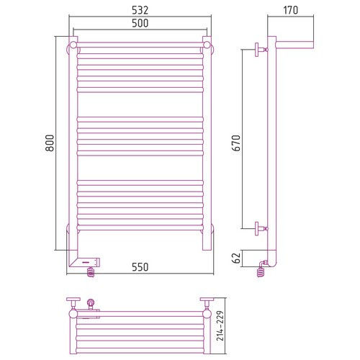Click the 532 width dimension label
(140, 10)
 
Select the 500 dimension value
(140, 23)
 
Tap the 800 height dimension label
(50, 143)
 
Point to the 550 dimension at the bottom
(140, 267)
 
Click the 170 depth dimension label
(291, 10)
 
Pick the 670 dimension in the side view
(236, 143)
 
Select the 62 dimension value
(236, 258)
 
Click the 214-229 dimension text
(220, 325)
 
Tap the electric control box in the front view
(85, 262)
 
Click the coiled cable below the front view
(91, 272)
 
